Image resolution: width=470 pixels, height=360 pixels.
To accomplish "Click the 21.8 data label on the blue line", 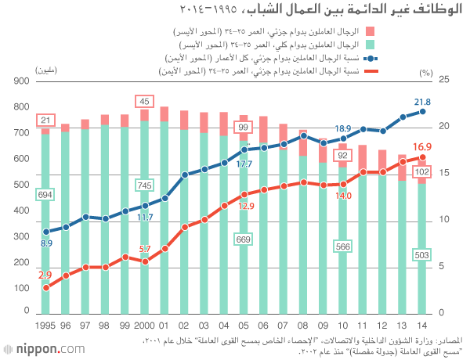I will [x=422, y=101].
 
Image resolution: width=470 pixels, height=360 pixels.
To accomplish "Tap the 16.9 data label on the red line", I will [x=422, y=147].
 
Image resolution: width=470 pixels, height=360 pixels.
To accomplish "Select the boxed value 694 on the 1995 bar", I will [x=46, y=194].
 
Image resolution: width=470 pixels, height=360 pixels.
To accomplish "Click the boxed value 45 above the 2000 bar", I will [x=144, y=101].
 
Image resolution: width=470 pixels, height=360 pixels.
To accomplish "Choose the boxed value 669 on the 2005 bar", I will [x=243, y=239].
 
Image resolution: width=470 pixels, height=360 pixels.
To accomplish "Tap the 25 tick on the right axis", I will [x=443, y=81].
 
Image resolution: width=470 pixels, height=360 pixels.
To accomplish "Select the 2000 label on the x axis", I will [x=144, y=325].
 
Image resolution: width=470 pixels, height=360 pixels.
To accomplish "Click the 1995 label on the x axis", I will [x=46, y=325].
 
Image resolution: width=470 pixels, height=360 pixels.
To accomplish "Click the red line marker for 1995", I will [x=46, y=288].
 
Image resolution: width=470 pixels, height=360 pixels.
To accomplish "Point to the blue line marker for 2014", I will [x=422, y=111].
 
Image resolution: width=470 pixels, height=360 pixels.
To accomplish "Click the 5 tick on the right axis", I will [x=443, y=267].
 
